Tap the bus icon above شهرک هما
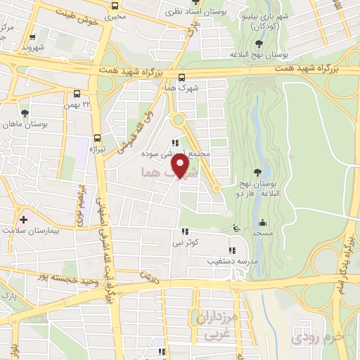click(x=182, y=77)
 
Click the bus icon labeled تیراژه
click(x=96, y=139)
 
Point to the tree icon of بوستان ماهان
click(x=25, y=112)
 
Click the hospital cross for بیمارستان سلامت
click(x=23, y=219)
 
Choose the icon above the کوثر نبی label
click(x=185, y=231)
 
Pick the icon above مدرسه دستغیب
click(x=232, y=250)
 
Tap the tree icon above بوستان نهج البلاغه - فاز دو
click(x=258, y=170)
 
